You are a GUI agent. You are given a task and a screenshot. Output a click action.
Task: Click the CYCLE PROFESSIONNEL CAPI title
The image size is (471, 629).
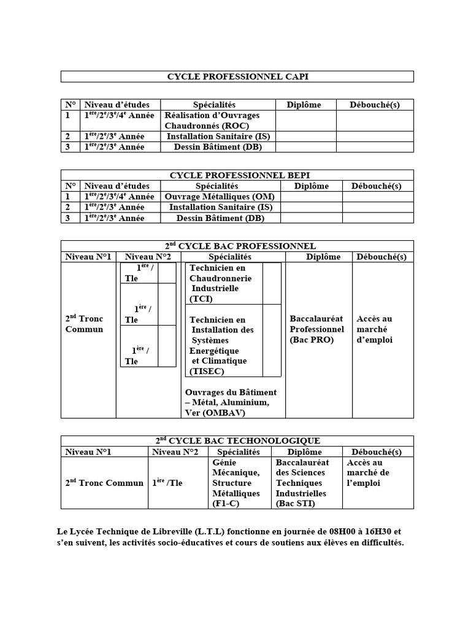coord(237,77)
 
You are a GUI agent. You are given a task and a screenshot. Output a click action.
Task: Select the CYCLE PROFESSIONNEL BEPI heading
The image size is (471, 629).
coord(237,176)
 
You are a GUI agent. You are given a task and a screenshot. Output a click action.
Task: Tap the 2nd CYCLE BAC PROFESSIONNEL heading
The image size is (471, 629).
coord(237,246)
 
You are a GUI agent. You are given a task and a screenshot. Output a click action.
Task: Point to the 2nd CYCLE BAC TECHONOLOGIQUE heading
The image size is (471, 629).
coord(237,440)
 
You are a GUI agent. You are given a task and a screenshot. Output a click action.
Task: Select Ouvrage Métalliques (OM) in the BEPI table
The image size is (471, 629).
coord(220,197)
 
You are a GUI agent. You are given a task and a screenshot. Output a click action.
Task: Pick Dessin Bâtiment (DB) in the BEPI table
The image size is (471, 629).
coord(220,217)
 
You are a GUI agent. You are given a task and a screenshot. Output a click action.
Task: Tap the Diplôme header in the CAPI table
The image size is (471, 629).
coord(304,105)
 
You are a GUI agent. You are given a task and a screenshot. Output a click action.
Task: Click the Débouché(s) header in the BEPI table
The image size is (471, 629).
coord(376,186)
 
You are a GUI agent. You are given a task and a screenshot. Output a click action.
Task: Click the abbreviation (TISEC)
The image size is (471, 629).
coord(207,371)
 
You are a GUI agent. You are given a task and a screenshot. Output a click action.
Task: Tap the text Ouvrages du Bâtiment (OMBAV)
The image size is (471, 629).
coord(230,402)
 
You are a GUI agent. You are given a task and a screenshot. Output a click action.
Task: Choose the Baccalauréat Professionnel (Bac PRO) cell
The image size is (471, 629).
coord(316,329)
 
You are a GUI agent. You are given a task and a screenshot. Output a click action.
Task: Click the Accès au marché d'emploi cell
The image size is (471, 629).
coord(374,329)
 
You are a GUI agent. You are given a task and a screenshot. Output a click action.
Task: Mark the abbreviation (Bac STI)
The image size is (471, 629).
coord(295,504)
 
